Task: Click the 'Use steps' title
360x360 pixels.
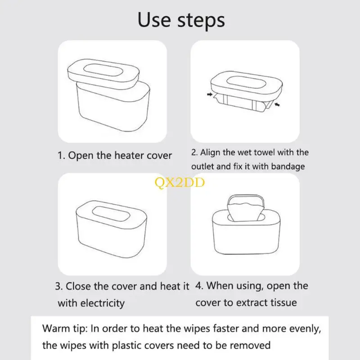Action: pos(181,21)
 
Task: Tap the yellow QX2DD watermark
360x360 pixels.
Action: pos(180,183)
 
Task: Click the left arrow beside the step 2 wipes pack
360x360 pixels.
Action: pos(210,94)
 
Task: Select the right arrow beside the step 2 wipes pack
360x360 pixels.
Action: pos(277,105)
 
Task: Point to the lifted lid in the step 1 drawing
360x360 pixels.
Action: pos(103,74)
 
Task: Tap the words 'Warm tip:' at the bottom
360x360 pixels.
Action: pos(65,329)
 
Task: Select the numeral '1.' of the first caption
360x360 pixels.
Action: pos(61,155)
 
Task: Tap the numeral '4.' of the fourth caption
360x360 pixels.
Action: pos(199,286)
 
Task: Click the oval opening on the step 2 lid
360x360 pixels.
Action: pos(246,82)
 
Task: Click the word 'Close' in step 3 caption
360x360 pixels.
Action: pos(78,286)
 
